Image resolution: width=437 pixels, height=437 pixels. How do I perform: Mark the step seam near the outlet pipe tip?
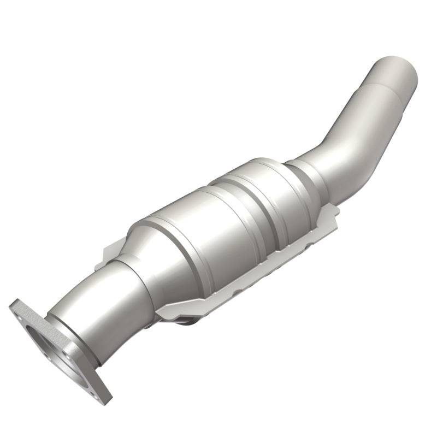[377, 93]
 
